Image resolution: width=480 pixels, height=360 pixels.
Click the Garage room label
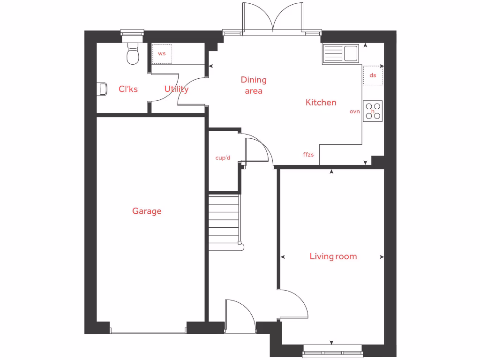tap(147, 211)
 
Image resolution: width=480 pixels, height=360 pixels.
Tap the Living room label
tap(333, 256)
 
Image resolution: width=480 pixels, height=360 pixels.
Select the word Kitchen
tap(321, 102)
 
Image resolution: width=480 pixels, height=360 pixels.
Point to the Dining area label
tap(254, 85)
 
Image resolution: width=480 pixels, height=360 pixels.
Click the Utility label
tap(176, 89)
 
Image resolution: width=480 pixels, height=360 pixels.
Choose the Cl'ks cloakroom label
tap(128, 89)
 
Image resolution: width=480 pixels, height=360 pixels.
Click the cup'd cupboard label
tap(223, 158)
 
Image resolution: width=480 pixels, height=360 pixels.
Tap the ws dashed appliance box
tap(162, 53)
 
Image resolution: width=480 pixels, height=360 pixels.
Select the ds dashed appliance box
tap(373, 75)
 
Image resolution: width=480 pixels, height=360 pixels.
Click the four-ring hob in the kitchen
tap(373, 111)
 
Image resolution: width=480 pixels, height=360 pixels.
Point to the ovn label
tap(354, 112)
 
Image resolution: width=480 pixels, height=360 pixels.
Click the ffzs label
tap(308, 154)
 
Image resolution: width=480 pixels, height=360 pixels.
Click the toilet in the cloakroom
tap(133, 54)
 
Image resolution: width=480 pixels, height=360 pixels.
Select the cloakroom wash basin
tap(103, 89)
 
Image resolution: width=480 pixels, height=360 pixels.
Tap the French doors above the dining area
tap(272, 19)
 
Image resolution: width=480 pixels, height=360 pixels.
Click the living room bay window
tap(333, 351)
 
